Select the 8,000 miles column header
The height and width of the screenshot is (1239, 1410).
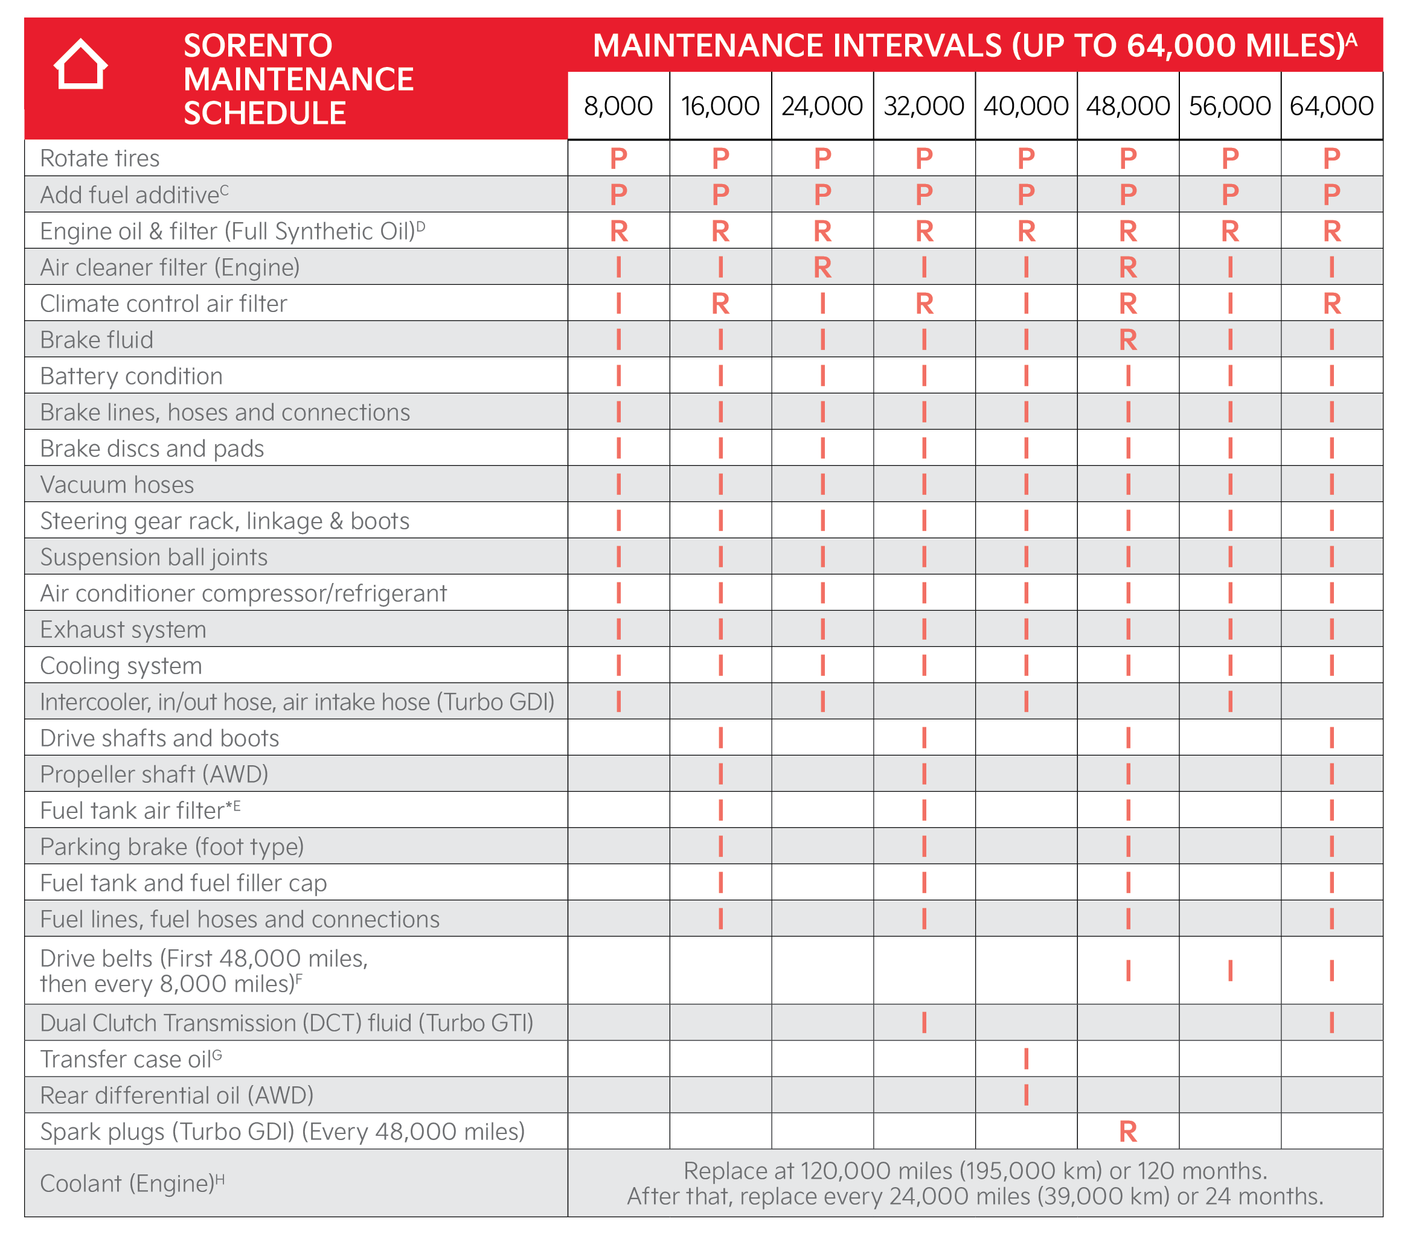click(618, 106)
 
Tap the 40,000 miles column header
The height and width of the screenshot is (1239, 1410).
click(1026, 106)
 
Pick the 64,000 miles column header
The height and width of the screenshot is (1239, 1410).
click(1331, 106)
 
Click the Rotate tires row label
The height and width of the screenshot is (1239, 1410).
click(100, 158)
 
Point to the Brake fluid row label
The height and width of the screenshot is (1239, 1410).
click(97, 339)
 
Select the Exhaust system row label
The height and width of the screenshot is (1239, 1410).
click(123, 629)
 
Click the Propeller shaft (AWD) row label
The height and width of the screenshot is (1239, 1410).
click(154, 774)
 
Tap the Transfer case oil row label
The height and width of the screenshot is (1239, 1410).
click(130, 1059)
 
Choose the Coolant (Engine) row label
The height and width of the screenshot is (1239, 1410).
click(132, 1182)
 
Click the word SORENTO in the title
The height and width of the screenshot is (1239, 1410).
click(258, 45)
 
